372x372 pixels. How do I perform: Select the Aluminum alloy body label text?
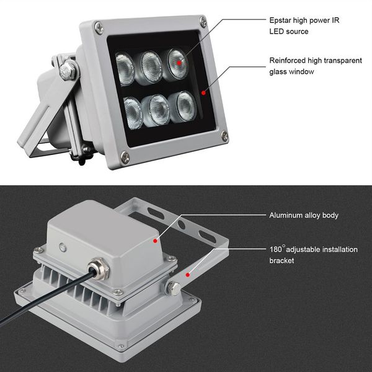[x=303, y=216]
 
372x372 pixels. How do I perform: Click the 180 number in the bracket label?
[x=275, y=249]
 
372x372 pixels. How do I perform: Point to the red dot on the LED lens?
[x=179, y=62]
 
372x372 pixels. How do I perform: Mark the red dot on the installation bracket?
[x=186, y=273]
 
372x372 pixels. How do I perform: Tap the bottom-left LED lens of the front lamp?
[x=133, y=112]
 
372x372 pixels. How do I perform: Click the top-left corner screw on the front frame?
[x=98, y=27]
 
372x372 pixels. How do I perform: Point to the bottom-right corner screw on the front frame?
[x=224, y=135]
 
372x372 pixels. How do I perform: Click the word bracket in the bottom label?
[x=281, y=261]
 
